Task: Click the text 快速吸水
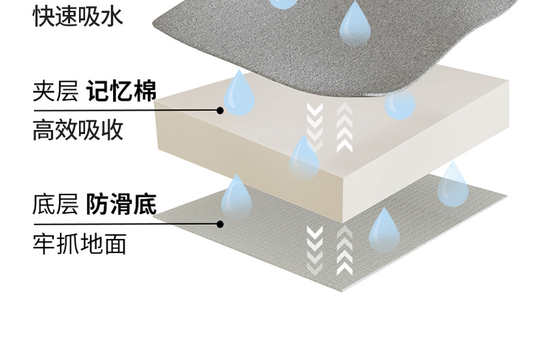tap(78, 16)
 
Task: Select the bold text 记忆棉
tap(122, 92)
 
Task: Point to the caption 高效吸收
tap(78, 129)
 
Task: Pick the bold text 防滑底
tap(122, 204)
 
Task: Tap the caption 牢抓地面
tap(78, 243)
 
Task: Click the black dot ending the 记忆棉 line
tap(220, 110)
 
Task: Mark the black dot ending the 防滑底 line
tap(220, 223)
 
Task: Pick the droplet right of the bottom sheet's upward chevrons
tap(385, 228)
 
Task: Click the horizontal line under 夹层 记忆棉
tap(126, 110)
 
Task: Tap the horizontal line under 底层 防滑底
tap(126, 223)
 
